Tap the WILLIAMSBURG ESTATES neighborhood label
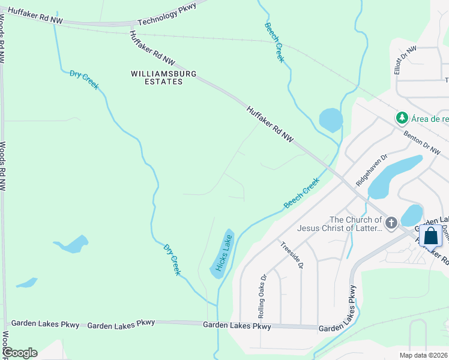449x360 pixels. click(x=156, y=77)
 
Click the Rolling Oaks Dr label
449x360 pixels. click(x=261, y=296)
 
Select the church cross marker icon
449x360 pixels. click(x=391, y=224)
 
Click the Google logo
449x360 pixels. click(x=20, y=353)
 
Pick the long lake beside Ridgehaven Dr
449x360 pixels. click(x=388, y=175)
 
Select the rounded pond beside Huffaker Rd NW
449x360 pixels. click(x=331, y=120)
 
